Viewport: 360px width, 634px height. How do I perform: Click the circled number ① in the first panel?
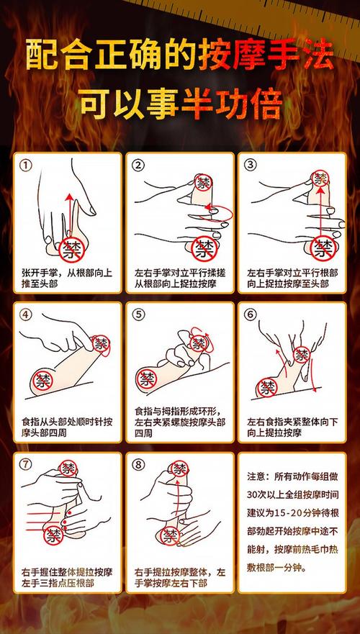27,166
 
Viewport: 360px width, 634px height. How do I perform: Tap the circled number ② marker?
139,166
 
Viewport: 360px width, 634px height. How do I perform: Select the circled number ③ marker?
251,166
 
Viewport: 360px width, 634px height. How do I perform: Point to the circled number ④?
27,315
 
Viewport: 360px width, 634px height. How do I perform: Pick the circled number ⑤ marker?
139,315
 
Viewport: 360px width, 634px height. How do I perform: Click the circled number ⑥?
251,315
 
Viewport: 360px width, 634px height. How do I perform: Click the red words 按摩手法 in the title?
266,54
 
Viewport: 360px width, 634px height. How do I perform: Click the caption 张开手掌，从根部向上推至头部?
67,278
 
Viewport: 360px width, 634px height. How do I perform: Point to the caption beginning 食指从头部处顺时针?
67,427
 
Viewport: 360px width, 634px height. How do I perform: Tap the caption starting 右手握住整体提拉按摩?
67,578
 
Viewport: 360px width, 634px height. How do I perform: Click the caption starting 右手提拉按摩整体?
179,578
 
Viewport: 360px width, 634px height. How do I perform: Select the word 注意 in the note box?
256,476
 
